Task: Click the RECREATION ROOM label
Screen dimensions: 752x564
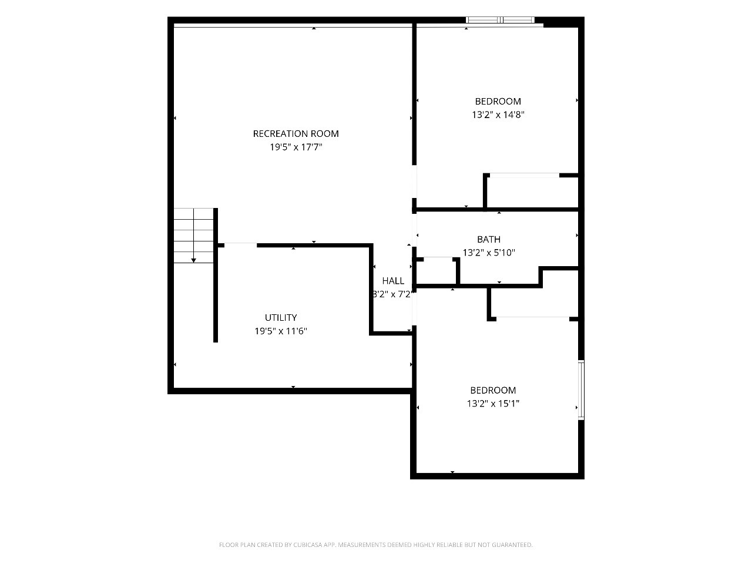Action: tap(296, 133)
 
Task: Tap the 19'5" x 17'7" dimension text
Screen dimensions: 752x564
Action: tap(296, 147)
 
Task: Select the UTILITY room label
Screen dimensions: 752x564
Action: tap(281, 317)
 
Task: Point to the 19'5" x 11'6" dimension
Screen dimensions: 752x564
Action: tap(281, 331)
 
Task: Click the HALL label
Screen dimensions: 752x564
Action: tap(393, 281)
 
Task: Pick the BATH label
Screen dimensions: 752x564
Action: tap(489, 239)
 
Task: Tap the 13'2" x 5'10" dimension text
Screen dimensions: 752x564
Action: tap(489, 253)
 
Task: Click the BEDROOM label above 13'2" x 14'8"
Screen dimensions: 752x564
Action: tap(498, 102)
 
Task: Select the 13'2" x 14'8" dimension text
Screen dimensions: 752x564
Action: tap(498, 115)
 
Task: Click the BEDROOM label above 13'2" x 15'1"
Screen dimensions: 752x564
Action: tap(493, 390)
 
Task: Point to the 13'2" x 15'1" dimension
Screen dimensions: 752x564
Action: tap(493, 404)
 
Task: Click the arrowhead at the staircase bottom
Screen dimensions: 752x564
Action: tap(193, 261)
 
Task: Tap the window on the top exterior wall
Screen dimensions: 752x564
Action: tap(500, 20)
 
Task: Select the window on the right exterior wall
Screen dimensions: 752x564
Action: tap(581, 390)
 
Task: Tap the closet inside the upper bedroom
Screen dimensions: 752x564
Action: tap(532, 192)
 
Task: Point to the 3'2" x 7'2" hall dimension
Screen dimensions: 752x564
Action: tap(392, 294)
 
